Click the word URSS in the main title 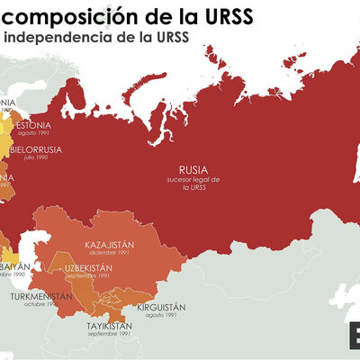click(x=222, y=17)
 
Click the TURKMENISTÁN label click(x=40, y=295)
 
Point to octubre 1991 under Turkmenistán click(x=40, y=304)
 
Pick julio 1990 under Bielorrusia click(x=37, y=157)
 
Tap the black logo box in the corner click(x=354, y=337)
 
